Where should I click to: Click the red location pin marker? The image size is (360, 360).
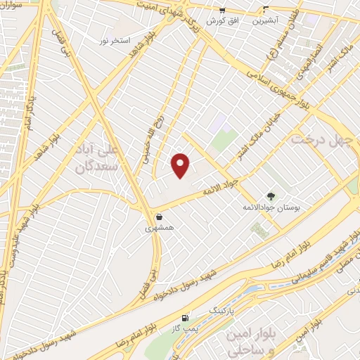pyautogui.click(x=181, y=165)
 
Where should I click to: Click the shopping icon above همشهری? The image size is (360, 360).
pyautogui.click(x=160, y=217)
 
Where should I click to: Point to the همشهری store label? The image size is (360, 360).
pyautogui.click(x=157, y=228)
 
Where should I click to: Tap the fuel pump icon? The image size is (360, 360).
pyautogui.click(x=186, y=318)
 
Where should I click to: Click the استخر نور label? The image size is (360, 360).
pyautogui.click(x=115, y=41)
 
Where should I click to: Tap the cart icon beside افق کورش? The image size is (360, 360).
pyautogui.click(x=222, y=11)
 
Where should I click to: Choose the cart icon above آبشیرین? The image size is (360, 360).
pyautogui.click(x=265, y=11)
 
